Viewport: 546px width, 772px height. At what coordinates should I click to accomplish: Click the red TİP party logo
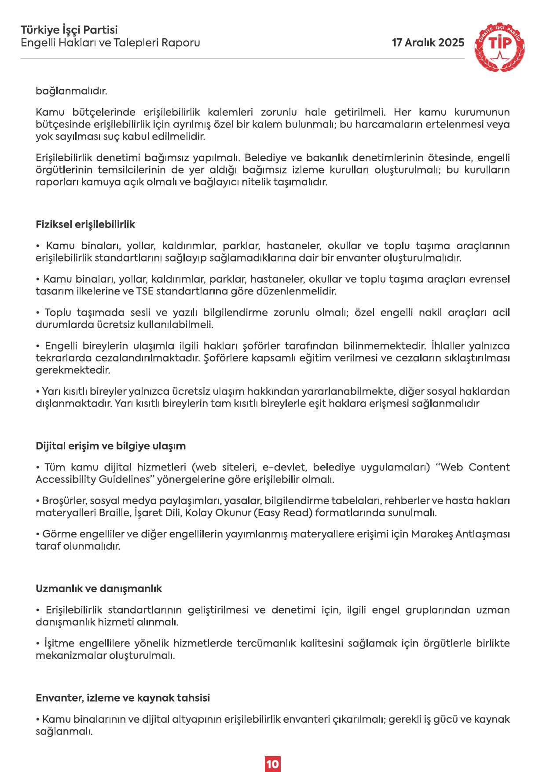[499, 48]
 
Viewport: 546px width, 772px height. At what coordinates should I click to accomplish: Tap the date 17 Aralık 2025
[428, 43]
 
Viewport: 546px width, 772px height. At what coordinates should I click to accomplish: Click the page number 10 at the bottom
[272, 764]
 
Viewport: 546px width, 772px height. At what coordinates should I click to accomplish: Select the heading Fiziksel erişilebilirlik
[85, 224]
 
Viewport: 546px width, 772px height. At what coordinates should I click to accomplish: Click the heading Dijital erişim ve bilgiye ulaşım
[110, 446]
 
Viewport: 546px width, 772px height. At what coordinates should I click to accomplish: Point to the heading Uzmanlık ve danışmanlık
[99, 588]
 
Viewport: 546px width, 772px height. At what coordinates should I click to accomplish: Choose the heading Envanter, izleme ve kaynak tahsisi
[123, 698]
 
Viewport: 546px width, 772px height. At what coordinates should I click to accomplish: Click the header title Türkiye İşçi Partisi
[69, 30]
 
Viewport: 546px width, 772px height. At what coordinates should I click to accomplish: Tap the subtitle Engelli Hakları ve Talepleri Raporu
[110, 43]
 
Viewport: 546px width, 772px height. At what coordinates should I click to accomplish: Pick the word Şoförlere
[225, 358]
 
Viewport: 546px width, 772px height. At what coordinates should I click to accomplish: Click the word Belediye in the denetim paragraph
[262, 158]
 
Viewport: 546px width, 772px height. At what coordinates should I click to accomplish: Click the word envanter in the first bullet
[355, 258]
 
